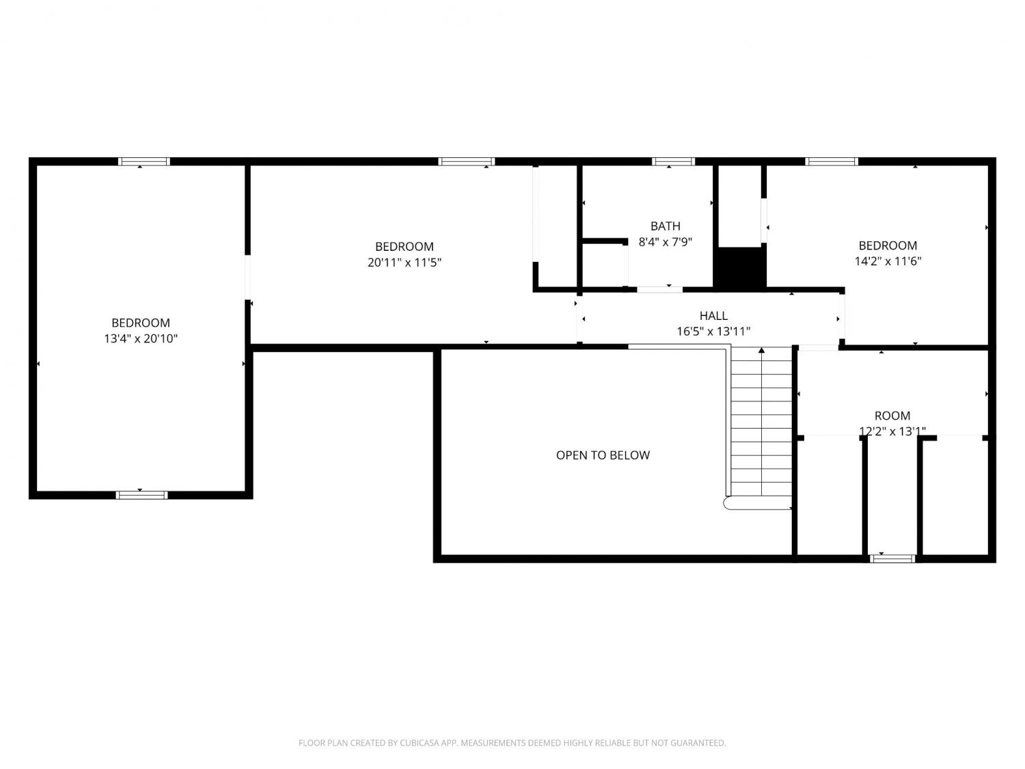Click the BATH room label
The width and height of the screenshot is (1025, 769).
(665, 226)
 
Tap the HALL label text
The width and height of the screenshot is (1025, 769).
(713, 316)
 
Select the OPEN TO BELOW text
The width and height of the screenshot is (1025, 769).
(603, 455)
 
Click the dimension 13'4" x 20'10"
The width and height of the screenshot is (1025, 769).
(141, 338)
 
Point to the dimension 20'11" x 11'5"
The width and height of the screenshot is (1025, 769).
(404, 262)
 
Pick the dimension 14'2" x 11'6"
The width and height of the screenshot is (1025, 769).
(887, 261)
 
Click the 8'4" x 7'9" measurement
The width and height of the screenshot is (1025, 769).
(665, 242)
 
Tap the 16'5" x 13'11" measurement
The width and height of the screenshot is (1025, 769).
(713, 332)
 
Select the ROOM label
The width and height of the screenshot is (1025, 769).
(892, 416)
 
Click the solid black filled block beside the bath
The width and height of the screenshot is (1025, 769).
(739, 267)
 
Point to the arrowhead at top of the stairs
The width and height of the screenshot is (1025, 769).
(761, 350)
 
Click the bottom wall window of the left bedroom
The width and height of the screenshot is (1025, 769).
(141, 495)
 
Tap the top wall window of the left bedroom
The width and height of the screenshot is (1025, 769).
(143, 161)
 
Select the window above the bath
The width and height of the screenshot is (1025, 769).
(673, 161)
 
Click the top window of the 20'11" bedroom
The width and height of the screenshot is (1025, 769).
(466, 161)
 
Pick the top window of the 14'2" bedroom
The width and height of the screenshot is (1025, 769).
(831, 161)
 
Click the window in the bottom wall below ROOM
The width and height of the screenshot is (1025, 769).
(892, 558)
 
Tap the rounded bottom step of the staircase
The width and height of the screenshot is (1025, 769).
(757, 503)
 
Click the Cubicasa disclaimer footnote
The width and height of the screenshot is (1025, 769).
(512, 742)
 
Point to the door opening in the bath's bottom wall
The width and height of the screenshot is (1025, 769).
(659, 290)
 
